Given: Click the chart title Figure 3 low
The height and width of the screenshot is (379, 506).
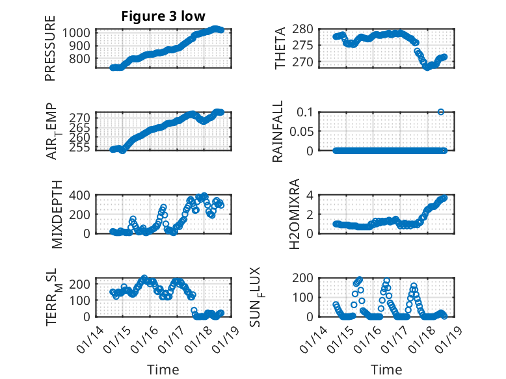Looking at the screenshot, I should click(x=162, y=17).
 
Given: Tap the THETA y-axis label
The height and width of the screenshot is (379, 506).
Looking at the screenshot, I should click(x=280, y=49).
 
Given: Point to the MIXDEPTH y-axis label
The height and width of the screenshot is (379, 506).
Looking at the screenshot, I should click(x=56, y=213).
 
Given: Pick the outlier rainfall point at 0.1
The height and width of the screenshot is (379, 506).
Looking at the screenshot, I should click(x=441, y=112).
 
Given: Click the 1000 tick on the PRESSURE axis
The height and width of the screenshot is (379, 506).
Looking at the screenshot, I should click(x=78, y=33).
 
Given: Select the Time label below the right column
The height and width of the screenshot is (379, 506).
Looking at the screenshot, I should click(x=386, y=369).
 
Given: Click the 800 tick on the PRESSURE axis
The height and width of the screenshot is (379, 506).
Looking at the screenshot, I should click(x=81, y=59).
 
